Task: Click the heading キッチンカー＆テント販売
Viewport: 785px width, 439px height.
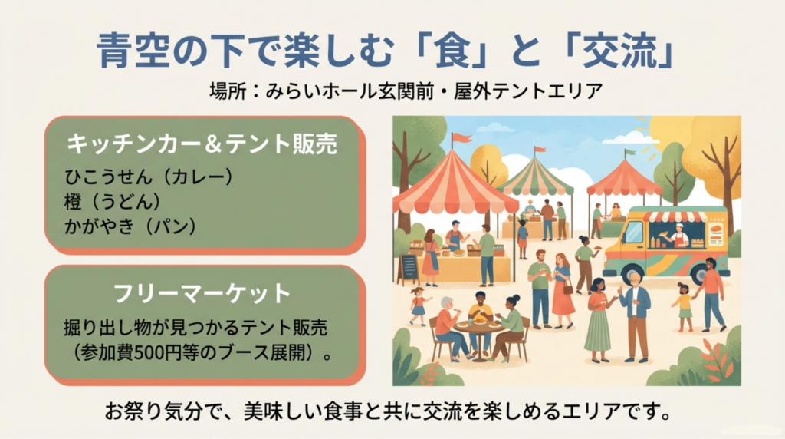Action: click(x=202, y=144)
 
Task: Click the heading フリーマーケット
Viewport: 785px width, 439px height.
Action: click(x=202, y=293)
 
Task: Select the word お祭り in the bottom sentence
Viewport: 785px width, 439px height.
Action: click(x=134, y=412)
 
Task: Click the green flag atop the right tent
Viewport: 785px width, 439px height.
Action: click(x=630, y=152)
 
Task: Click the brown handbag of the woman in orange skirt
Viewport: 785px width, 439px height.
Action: click(x=568, y=288)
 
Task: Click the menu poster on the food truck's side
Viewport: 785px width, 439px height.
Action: click(x=717, y=233)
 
